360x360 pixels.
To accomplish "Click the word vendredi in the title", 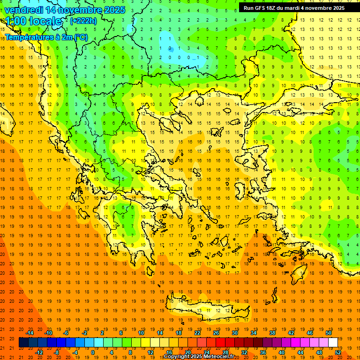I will coord(23,10).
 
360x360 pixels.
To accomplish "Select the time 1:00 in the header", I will coord(15,21).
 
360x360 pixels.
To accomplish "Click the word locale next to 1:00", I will coord(45,21).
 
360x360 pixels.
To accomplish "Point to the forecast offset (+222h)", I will coord(83,21).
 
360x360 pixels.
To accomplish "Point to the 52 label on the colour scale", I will coord(338,352).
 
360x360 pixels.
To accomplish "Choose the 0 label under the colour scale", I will coord(93,352).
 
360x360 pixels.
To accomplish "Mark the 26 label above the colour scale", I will coord(216,333).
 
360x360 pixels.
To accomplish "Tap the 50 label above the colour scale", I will coord(329,333).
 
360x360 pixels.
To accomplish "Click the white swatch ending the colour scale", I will coord(333,342).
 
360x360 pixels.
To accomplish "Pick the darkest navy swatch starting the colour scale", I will coord(23,342).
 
